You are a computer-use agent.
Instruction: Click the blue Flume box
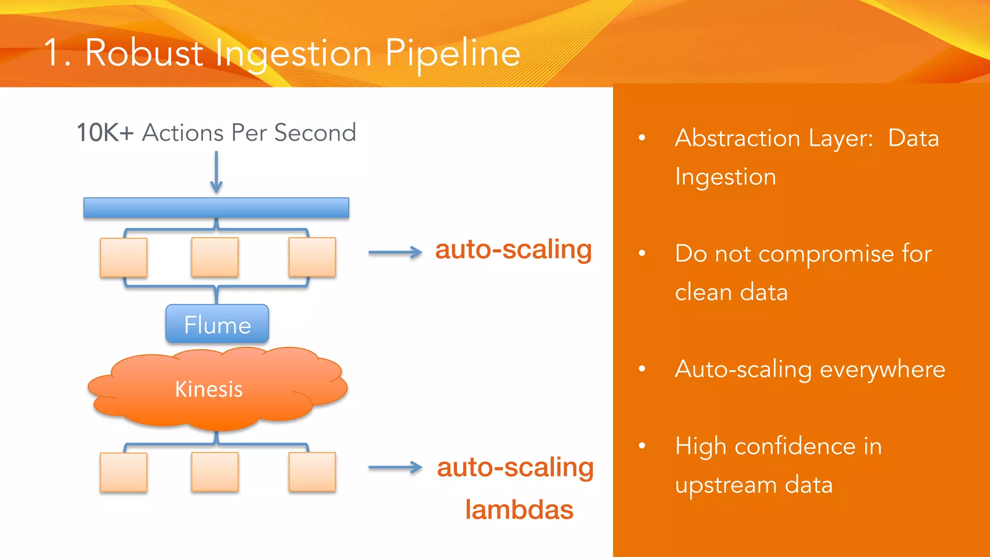pyautogui.click(x=217, y=324)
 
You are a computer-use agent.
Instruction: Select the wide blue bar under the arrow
pyautogui.click(x=216, y=208)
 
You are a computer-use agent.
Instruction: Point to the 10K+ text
pyautogui.click(x=105, y=132)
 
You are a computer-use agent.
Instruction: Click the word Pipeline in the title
pyautogui.click(x=452, y=53)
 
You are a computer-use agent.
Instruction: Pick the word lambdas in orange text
pyautogui.click(x=519, y=510)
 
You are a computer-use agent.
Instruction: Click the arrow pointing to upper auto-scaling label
pyautogui.click(x=395, y=252)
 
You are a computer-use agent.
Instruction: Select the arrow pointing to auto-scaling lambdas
pyautogui.click(x=395, y=467)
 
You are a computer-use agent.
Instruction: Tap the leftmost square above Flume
pyautogui.click(x=124, y=257)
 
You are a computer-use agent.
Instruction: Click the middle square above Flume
pyautogui.click(x=215, y=257)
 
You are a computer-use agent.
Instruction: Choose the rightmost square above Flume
pyautogui.click(x=312, y=257)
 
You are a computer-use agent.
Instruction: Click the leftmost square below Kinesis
pyautogui.click(x=124, y=472)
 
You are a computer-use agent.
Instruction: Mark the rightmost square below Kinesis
pyautogui.click(x=312, y=472)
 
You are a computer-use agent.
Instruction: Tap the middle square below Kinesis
pyautogui.click(x=215, y=472)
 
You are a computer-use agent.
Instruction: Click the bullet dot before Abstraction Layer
pyautogui.click(x=642, y=138)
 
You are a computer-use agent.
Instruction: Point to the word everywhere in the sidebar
pyautogui.click(x=882, y=370)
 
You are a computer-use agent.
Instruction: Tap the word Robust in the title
pyautogui.click(x=144, y=53)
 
